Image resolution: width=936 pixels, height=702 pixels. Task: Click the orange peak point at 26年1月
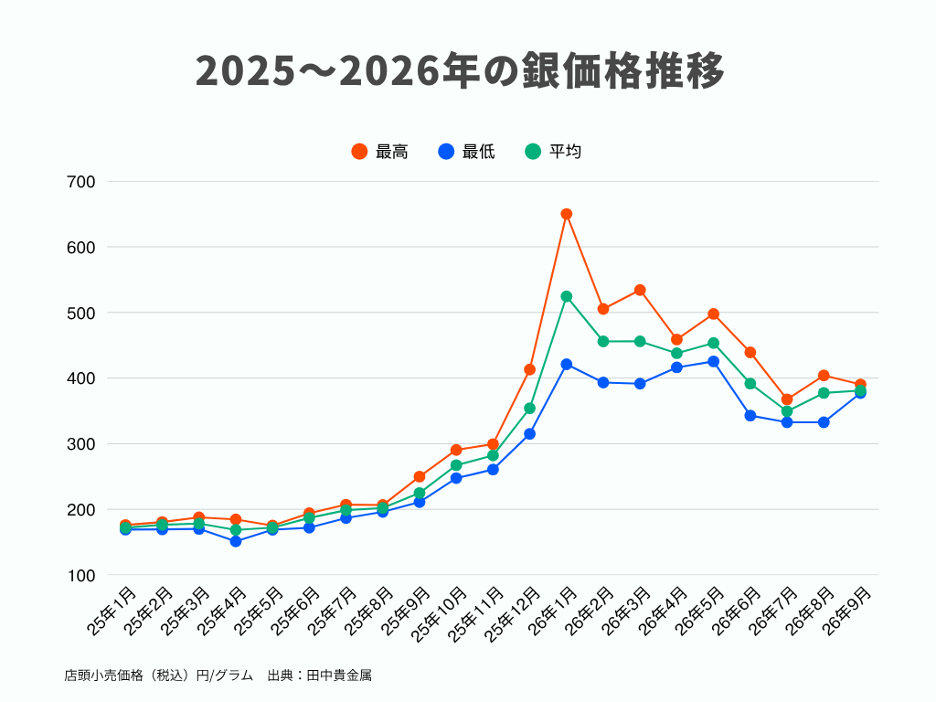click(567, 214)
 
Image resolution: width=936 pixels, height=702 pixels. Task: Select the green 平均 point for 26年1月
click(567, 297)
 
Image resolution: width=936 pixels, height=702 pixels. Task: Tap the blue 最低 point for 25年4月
click(236, 541)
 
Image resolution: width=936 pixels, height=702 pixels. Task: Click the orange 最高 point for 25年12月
click(529, 369)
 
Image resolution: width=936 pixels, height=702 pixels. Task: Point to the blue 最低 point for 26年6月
click(750, 416)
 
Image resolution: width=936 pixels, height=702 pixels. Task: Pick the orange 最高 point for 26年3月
click(640, 290)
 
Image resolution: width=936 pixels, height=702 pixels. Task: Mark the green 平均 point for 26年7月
click(787, 411)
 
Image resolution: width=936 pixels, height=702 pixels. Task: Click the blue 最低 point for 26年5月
click(713, 362)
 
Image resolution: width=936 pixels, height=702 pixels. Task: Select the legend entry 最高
click(379, 152)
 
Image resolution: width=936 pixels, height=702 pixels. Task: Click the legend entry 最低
click(466, 152)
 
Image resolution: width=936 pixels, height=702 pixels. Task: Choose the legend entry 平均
click(553, 152)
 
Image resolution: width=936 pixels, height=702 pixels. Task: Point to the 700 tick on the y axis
click(81, 182)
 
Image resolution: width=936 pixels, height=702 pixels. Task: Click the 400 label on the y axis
click(81, 378)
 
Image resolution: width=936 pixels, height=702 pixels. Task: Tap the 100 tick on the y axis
click(81, 576)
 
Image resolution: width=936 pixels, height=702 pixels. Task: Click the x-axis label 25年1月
click(112, 611)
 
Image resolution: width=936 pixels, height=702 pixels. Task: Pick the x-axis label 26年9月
click(846, 611)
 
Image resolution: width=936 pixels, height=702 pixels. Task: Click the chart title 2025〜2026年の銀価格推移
click(460, 70)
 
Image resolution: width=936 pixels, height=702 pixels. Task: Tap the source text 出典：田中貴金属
click(319, 675)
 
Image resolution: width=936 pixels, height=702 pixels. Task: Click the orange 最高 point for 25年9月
click(420, 476)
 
